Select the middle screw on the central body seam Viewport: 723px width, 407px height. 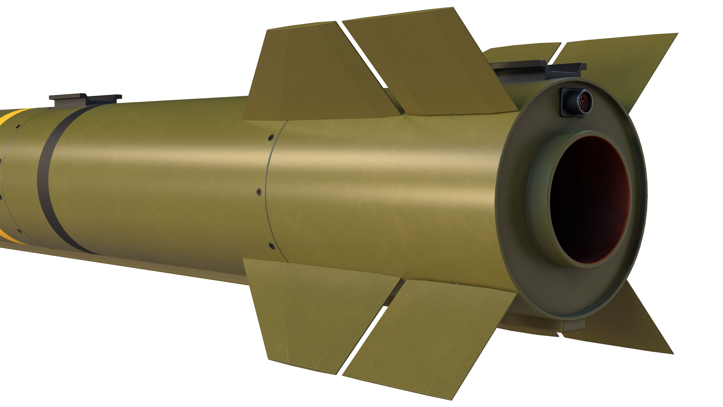[259, 192]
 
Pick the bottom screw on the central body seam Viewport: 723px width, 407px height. [271, 246]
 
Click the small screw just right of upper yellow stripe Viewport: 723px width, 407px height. [17, 126]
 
